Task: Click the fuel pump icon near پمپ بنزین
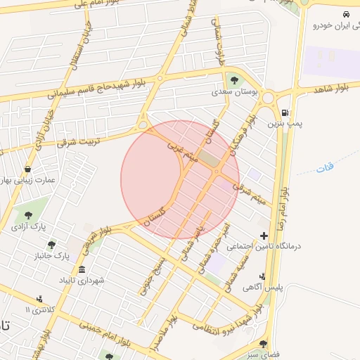click(284, 112)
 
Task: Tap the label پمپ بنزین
click(284, 124)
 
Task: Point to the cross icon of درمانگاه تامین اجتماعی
click(264, 236)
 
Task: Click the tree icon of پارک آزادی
click(28, 216)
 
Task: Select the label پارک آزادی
click(28, 227)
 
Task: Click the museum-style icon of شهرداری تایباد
click(82, 271)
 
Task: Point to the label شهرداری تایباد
click(82, 281)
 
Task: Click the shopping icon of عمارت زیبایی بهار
click(27, 169)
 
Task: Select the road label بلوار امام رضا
click(284, 203)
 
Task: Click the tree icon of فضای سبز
click(264, 345)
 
